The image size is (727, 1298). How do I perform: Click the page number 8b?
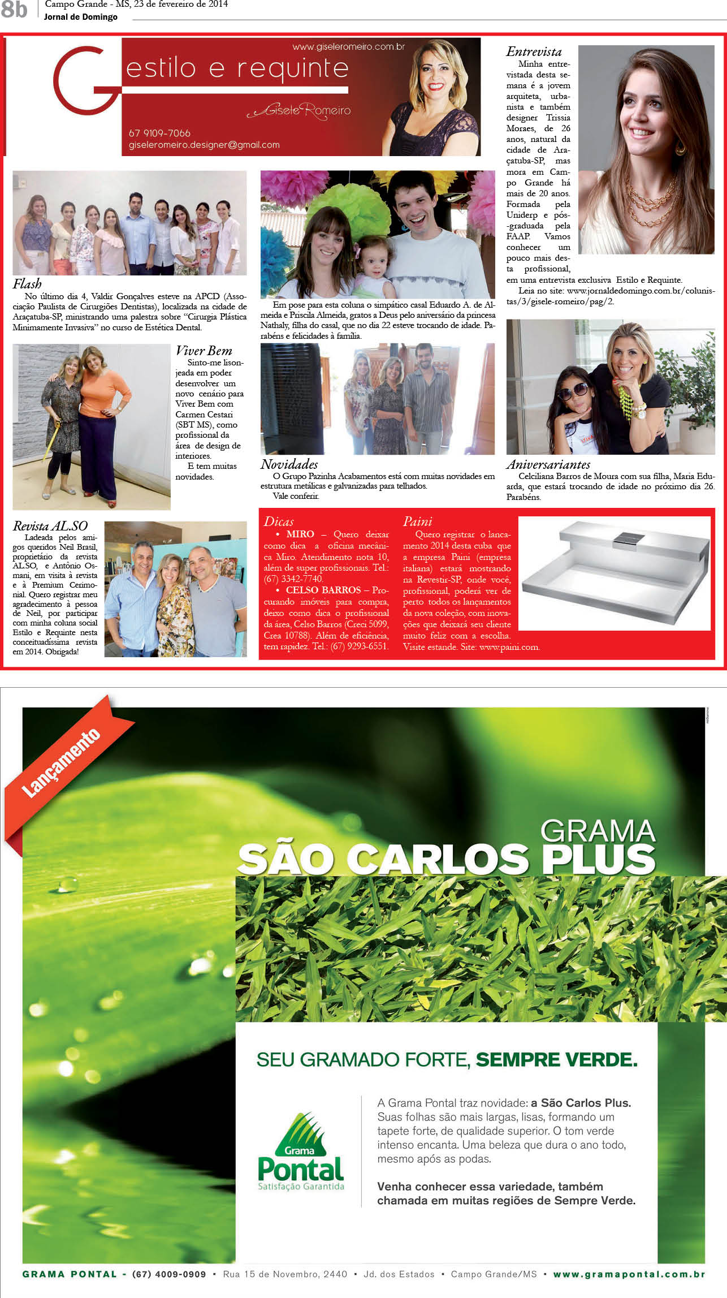pos(14,9)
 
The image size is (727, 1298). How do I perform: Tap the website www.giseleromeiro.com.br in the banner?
pos(348,47)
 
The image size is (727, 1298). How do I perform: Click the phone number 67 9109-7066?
pos(159,133)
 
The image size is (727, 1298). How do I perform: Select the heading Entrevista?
pos(534,52)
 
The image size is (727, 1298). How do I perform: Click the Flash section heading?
pos(27,284)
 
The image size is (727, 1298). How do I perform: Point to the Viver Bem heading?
pos(204,351)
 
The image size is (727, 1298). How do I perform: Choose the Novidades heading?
pos(289,464)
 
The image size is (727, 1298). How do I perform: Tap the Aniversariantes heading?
pos(548,464)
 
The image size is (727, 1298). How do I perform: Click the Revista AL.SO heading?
pos(50,526)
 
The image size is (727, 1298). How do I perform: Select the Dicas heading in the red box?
pos(279,521)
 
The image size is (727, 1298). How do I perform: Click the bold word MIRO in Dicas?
pos(300,534)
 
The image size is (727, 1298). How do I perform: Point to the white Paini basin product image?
pos(614,572)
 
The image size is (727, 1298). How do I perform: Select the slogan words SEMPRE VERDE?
pos(556,1059)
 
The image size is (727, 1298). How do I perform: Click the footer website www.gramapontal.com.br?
pos(629,1274)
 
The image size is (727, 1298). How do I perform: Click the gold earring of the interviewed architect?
pos(680,148)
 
